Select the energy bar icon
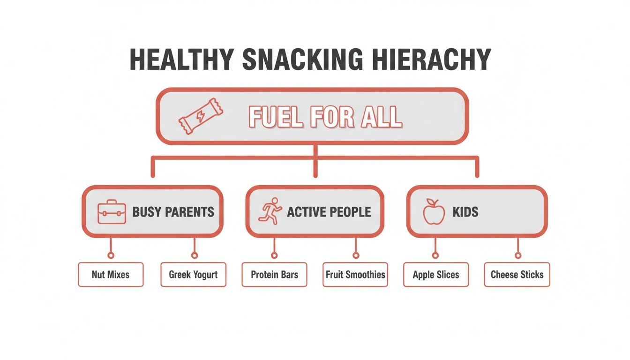click(x=201, y=116)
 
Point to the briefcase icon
click(x=112, y=212)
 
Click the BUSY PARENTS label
click(x=173, y=212)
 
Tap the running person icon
click(x=270, y=210)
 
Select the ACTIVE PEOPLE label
click(x=329, y=212)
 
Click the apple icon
click(x=434, y=211)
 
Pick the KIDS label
click(x=465, y=212)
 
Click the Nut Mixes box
click(x=111, y=274)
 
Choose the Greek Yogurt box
click(x=193, y=274)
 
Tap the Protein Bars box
click(x=274, y=274)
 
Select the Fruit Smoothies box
click(x=355, y=274)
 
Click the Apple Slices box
click(x=436, y=274)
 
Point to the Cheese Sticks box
click(x=517, y=274)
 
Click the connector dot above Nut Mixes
click(x=111, y=255)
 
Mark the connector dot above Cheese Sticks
click(x=517, y=255)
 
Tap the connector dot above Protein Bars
click(x=274, y=255)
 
